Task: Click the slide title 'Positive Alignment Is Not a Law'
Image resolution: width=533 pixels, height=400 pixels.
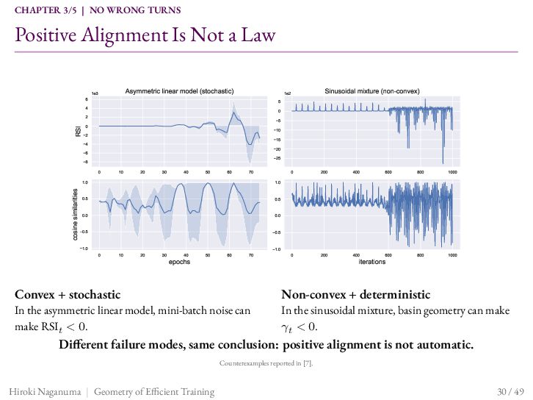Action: pos(145,35)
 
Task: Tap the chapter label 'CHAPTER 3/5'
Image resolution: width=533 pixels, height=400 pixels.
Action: pos(46,10)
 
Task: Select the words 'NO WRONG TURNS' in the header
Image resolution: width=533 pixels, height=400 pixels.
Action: pos(135,10)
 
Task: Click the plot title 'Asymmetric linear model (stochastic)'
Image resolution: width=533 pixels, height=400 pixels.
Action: pos(179,91)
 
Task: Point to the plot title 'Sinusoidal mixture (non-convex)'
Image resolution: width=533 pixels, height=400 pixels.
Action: pos(372,91)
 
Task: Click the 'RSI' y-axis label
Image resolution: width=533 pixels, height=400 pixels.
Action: pos(78,132)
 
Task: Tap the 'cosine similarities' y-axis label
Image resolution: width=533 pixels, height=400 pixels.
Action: pos(76,215)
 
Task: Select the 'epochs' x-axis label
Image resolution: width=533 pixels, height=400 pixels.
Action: pos(179,262)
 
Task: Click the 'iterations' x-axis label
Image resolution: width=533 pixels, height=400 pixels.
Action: pos(372,262)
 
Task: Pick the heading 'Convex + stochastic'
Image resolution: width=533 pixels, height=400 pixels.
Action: pos(68,294)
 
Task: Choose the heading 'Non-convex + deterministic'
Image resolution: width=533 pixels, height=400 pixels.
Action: pos(356,294)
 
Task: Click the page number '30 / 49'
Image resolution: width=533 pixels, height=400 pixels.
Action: pos(510,391)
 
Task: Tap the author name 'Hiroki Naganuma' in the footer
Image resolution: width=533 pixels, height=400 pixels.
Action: pos(46,392)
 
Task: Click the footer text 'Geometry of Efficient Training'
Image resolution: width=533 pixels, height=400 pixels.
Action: pos(154,392)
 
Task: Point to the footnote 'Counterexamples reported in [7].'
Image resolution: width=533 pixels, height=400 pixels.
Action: pos(266,363)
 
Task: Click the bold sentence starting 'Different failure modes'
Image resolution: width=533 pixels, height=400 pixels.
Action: pos(266,345)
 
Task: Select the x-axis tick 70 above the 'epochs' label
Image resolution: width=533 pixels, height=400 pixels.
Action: pos(251,255)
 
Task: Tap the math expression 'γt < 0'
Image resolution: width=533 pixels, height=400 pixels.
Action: pos(299,327)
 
